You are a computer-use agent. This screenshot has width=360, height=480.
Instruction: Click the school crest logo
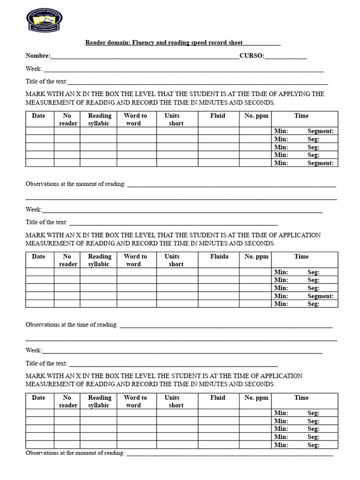[x=45, y=20]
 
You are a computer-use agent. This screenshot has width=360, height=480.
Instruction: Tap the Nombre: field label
[x=37, y=56]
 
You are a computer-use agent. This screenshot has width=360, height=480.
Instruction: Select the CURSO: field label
[x=252, y=56]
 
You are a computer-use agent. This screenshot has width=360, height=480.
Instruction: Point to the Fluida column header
[x=219, y=256]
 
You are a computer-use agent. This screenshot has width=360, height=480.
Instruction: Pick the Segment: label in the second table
[x=320, y=296]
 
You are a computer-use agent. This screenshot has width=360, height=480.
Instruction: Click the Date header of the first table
[x=38, y=116]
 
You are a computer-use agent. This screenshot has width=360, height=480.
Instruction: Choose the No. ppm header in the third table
[x=256, y=397]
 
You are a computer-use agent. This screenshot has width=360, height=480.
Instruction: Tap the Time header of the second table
[x=301, y=256]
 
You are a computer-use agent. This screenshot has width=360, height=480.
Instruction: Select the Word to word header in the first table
[x=135, y=120]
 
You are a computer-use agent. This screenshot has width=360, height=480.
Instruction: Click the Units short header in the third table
[x=173, y=401]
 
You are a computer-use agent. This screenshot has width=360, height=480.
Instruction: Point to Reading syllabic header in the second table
[x=99, y=260]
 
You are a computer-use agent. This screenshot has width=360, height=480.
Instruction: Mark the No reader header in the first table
[x=67, y=120]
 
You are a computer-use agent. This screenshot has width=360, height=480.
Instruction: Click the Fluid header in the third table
[x=217, y=397]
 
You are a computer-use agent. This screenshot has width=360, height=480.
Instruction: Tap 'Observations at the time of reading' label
[x=72, y=324]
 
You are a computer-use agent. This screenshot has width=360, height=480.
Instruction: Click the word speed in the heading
[x=199, y=43]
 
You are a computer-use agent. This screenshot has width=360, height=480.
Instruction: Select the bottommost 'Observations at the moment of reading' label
[x=75, y=453]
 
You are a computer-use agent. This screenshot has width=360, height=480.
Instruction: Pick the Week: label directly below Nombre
[x=34, y=69]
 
